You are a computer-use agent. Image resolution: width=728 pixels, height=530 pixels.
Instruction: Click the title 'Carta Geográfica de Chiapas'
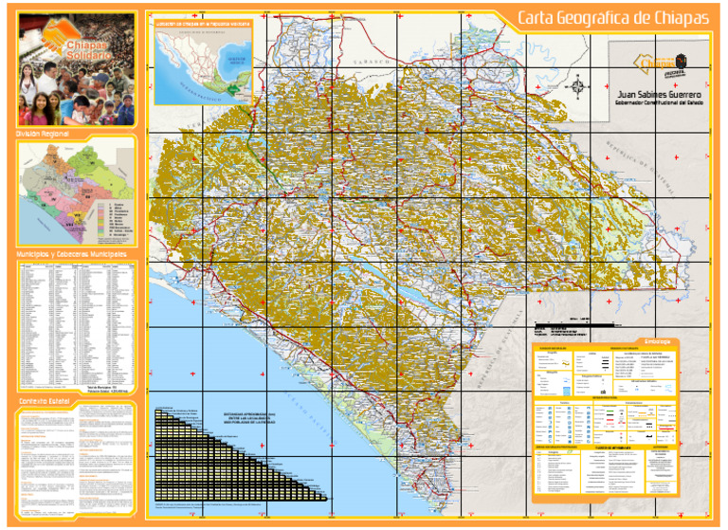[x=612, y=18]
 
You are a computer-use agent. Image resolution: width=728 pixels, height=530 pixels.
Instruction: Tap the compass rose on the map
[x=578, y=85]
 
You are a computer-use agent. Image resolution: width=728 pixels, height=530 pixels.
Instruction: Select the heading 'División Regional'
[x=44, y=135]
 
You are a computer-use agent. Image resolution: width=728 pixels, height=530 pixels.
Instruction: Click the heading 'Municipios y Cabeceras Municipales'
[x=71, y=254]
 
